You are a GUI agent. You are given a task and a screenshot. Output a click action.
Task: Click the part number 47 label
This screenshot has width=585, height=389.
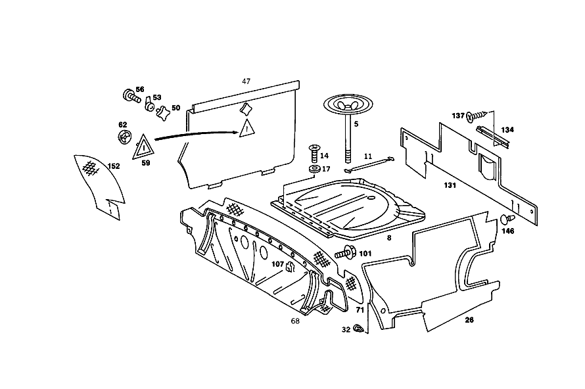tap(246, 81)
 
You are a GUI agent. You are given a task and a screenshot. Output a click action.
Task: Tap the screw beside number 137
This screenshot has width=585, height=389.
tap(476, 116)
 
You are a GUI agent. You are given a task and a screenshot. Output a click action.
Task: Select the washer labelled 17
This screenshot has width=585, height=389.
tap(314, 169)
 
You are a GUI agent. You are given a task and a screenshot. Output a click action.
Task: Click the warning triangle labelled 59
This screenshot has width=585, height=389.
tap(143, 148)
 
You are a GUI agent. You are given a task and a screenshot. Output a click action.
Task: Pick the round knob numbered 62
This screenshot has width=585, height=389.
tap(124, 137)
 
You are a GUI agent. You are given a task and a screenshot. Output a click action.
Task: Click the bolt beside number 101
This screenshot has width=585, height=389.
tap(344, 253)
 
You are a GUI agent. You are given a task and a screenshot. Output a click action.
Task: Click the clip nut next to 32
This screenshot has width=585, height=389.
tap(359, 329)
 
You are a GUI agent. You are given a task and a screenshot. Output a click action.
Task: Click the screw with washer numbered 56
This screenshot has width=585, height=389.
tap(131, 96)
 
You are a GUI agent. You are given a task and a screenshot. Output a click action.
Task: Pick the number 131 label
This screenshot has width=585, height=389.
tap(450, 185)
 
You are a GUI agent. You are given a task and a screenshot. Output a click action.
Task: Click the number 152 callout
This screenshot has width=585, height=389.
tap(114, 166)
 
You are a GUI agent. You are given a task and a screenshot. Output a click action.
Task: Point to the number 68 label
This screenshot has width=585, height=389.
tap(295, 321)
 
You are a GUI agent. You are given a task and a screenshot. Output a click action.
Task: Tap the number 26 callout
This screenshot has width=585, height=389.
tap(469, 319)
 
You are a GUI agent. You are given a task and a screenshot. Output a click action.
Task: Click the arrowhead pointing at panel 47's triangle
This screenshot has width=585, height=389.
tap(235, 131)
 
